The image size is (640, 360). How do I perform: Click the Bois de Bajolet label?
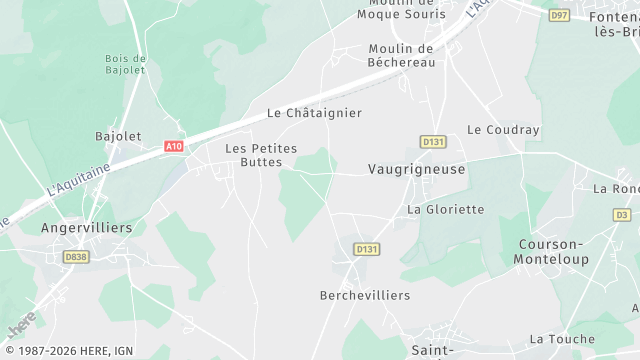pyautogui.click(x=125, y=64)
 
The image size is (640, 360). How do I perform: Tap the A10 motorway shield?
pyautogui.click(x=174, y=146)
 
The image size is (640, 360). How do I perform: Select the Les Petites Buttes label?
pyautogui.click(x=261, y=154)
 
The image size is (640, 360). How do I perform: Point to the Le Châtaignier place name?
pyautogui.click(x=314, y=113)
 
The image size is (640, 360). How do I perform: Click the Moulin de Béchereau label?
pyautogui.click(x=400, y=55)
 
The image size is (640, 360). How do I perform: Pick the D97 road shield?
pyautogui.click(x=558, y=14)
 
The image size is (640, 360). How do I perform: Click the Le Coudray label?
pyautogui.click(x=503, y=130)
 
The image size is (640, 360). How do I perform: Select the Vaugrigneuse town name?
pyautogui.click(x=416, y=170)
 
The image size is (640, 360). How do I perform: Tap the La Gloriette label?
pyautogui.click(x=445, y=210)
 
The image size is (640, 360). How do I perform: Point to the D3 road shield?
pyautogui.click(x=622, y=214)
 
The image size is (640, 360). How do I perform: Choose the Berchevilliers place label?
pyautogui.click(x=365, y=295)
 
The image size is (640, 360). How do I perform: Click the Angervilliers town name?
pyautogui.click(x=86, y=228)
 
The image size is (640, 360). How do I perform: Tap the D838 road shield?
pyautogui.click(x=76, y=257)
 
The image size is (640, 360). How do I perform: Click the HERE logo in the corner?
pyautogui.click(x=21, y=323)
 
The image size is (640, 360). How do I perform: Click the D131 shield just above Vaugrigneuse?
pyautogui.click(x=432, y=142)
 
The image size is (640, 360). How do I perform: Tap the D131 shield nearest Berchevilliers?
pyautogui.click(x=367, y=249)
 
